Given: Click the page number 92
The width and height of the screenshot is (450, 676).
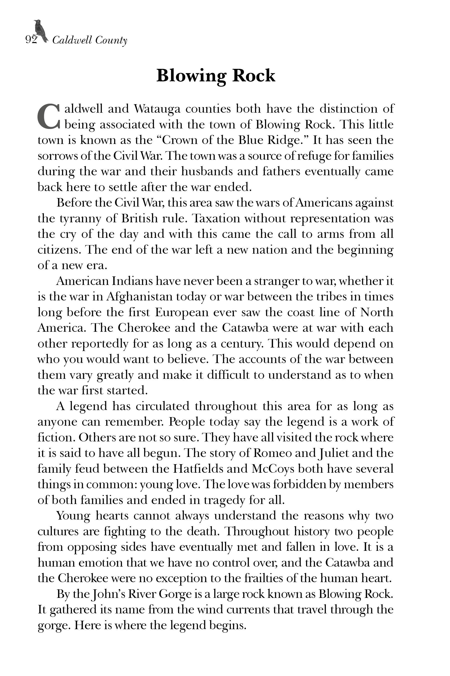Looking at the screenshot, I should tap(31, 40).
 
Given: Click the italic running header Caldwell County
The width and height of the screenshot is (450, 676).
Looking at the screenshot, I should tap(89, 40).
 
